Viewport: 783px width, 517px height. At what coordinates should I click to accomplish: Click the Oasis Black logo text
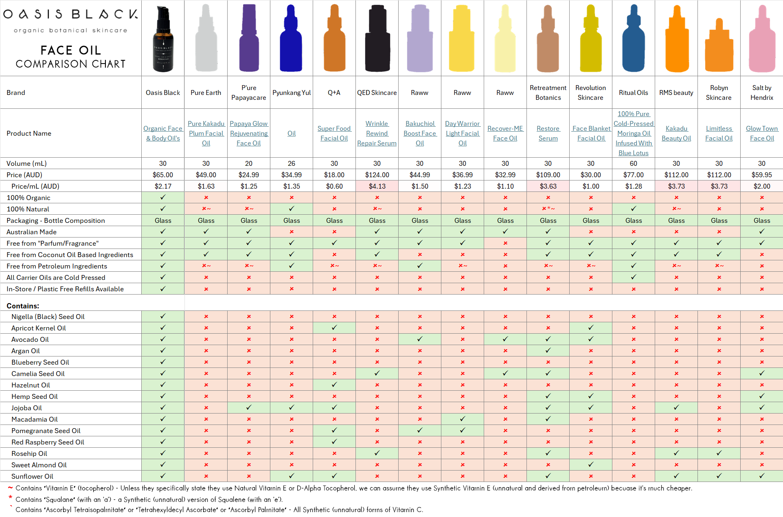[x=70, y=14]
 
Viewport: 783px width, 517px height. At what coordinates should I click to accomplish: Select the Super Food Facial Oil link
[x=334, y=133]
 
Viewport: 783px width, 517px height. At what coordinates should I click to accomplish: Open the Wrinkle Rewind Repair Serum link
[x=377, y=133]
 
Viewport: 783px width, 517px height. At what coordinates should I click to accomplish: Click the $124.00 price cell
[x=377, y=175]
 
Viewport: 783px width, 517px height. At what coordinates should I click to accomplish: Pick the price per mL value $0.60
[x=334, y=186]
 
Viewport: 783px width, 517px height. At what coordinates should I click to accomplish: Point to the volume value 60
[x=633, y=163]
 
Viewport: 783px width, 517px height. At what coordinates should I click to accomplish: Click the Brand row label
[x=16, y=92]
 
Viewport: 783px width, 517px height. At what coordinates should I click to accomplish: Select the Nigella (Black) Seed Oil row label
[x=48, y=317]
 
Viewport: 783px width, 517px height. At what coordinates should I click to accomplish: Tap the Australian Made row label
[x=31, y=232]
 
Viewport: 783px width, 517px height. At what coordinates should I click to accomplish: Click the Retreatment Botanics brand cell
[x=548, y=92]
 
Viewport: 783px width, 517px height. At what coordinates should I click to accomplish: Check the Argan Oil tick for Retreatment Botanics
[x=548, y=350]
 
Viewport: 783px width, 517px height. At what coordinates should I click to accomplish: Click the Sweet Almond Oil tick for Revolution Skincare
[x=591, y=464]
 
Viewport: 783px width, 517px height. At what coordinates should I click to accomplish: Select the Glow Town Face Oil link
[x=761, y=133]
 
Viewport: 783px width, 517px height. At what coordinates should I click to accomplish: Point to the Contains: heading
[x=23, y=306]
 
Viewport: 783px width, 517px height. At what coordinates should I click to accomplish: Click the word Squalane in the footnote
[x=60, y=499]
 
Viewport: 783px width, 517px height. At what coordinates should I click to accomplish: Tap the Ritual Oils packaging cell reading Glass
[x=633, y=220]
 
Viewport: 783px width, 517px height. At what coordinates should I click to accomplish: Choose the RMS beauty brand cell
[x=676, y=92]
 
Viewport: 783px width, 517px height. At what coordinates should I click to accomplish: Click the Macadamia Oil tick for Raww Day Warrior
[x=463, y=419]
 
